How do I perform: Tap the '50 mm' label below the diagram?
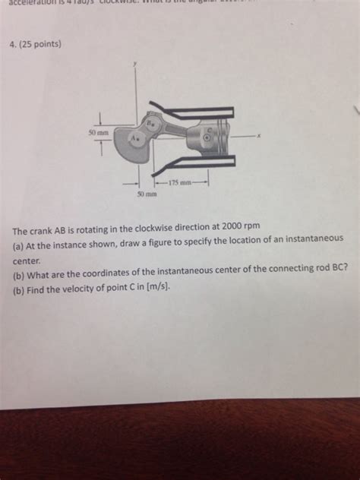pos(147,195)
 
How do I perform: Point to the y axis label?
pos(137,65)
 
